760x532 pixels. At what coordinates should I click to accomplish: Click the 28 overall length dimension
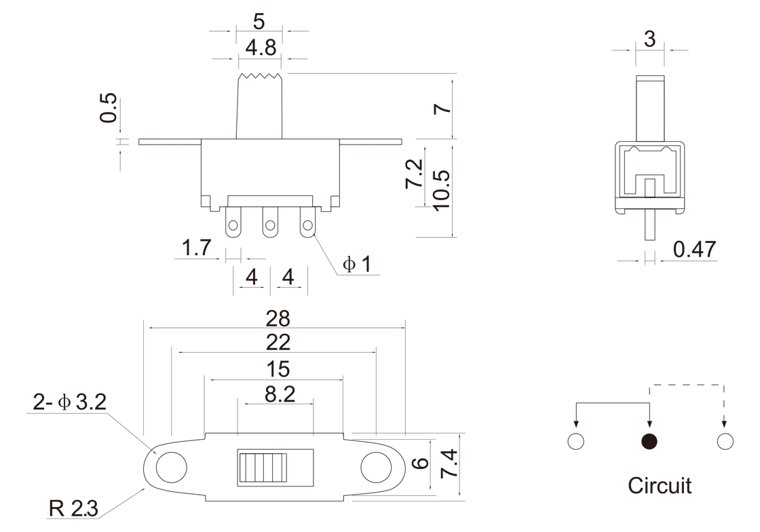tap(278, 318)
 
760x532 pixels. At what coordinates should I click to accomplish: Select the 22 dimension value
tap(278, 343)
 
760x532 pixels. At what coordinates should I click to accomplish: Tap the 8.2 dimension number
tap(280, 394)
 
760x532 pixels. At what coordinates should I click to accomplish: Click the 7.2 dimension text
tap(415, 174)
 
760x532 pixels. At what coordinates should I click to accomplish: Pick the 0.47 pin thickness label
tap(694, 249)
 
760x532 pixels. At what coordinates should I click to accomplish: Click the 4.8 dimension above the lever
tap(261, 48)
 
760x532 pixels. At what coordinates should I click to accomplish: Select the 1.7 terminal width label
tap(196, 248)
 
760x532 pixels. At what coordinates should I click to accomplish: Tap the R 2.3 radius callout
tap(73, 508)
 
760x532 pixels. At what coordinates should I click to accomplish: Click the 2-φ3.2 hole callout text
tap(69, 402)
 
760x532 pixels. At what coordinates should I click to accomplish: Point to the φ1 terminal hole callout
tap(357, 264)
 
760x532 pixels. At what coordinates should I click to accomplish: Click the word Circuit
tap(660, 485)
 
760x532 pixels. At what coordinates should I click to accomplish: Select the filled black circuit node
tap(649, 441)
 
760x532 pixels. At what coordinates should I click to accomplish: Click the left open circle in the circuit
tap(575, 441)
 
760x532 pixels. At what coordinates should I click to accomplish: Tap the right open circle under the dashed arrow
tap(725, 441)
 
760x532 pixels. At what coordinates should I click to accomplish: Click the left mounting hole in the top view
tap(171, 468)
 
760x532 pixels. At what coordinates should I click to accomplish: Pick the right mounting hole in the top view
tap(376, 468)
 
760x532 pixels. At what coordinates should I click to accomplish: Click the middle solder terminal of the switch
tap(270, 223)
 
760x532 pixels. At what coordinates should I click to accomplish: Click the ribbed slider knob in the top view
tap(262, 468)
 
